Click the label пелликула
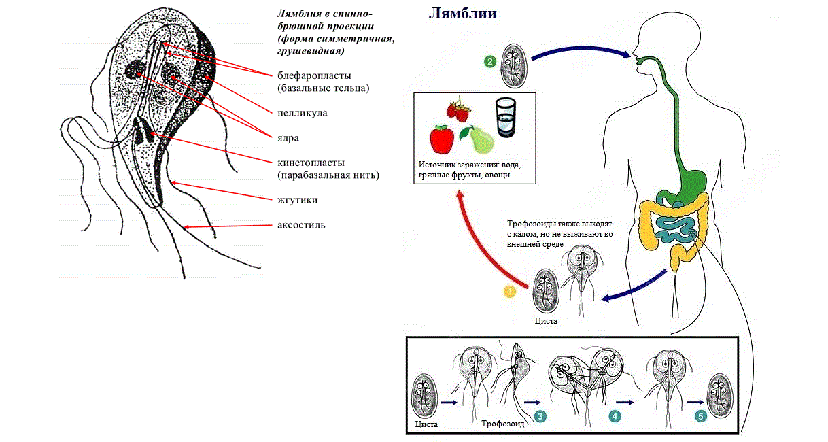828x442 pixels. coord(302,113)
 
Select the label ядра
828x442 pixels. coord(289,137)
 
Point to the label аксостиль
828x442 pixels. coord(301,225)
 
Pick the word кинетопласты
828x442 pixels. coord(311,163)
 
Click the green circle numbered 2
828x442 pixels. coord(489,62)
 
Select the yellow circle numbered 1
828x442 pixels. coord(508,291)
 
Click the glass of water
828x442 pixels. coord(506,117)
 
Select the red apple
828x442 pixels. coord(442,139)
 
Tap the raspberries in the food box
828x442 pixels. coord(459,111)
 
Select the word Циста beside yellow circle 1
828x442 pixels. coord(546,320)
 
